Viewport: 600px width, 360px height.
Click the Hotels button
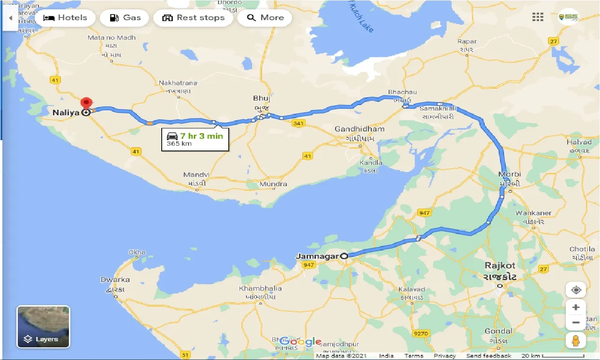[x=66, y=18]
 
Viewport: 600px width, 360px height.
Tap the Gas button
[x=125, y=18]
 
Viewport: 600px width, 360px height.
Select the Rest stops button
[x=193, y=18]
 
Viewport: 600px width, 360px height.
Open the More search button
[x=265, y=18]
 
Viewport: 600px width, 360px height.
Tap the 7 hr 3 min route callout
[x=195, y=139]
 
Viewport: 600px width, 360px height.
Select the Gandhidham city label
[x=360, y=129]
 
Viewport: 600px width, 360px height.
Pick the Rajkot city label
[x=500, y=266]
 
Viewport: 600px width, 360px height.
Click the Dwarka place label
[x=115, y=280]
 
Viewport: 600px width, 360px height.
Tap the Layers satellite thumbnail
[x=44, y=327]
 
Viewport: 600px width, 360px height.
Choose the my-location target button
[x=576, y=290]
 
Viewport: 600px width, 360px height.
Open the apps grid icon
[x=538, y=17]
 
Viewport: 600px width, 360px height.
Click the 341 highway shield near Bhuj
[x=298, y=124]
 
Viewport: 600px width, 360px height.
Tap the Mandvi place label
[x=196, y=175]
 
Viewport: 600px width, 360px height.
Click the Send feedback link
[x=488, y=356]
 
